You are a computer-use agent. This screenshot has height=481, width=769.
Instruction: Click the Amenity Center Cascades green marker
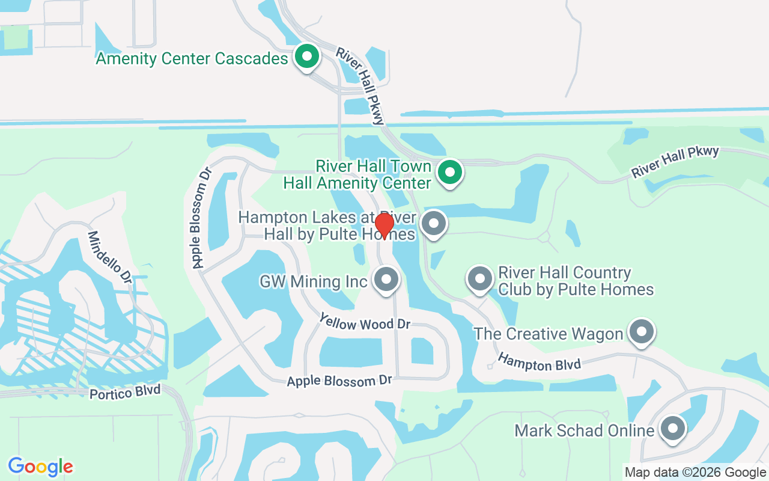(x=307, y=58)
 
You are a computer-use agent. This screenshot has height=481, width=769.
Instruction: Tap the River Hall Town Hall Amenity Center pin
(x=449, y=173)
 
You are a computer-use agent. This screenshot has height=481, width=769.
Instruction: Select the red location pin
(x=384, y=225)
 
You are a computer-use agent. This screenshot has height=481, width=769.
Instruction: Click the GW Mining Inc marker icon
(x=386, y=280)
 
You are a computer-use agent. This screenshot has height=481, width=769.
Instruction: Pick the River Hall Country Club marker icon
(x=479, y=280)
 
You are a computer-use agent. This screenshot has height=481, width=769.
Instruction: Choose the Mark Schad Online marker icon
(x=673, y=429)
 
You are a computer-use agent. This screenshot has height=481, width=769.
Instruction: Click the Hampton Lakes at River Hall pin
(x=434, y=224)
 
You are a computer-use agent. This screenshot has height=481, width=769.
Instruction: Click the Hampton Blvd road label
(x=540, y=363)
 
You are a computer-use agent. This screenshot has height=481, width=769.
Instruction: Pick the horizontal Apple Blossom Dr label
(x=339, y=381)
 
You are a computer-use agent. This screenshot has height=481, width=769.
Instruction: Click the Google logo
(x=41, y=467)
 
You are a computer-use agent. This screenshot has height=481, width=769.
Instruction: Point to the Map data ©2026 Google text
(x=695, y=473)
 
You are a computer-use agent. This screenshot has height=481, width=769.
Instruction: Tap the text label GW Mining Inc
(x=313, y=281)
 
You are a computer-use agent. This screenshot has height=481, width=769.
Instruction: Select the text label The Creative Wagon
(x=548, y=334)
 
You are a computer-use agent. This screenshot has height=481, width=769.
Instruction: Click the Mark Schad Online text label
(x=585, y=430)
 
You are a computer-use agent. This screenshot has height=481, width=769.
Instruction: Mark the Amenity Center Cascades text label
(x=192, y=59)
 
